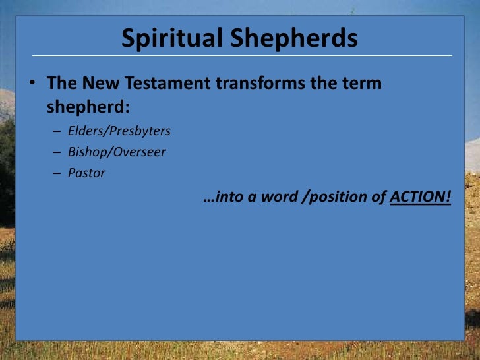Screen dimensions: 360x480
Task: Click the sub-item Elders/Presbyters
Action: (119, 131)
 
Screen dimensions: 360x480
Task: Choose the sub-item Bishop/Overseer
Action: (117, 152)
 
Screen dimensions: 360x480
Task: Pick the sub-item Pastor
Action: (86, 173)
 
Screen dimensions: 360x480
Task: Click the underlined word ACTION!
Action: (421, 197)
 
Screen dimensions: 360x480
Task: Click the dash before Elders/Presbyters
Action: (57, 131)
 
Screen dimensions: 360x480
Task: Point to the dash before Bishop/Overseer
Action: (57, 152)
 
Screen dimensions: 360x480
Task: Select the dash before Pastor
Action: (57, 174)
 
